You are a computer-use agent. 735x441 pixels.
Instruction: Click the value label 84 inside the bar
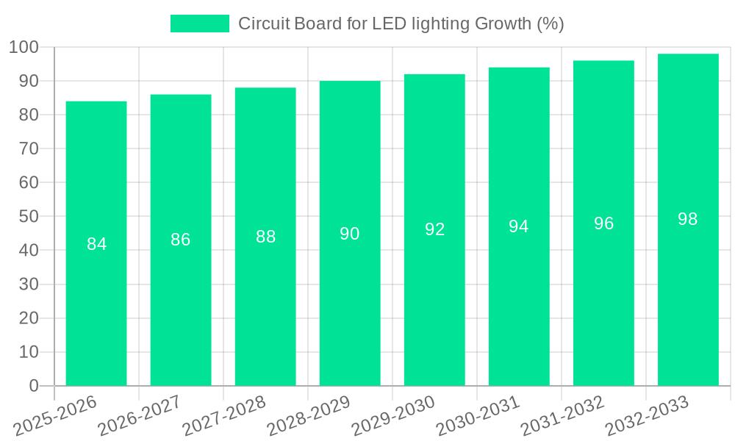[96, 244]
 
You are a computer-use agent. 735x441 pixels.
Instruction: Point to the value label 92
[434, 229]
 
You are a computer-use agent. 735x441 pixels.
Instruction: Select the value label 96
[603, 223]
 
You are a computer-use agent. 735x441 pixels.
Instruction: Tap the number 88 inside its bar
[265, 237]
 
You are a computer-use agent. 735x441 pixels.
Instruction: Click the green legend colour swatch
[200, 24]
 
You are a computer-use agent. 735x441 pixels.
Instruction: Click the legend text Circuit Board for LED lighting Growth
[401, 24]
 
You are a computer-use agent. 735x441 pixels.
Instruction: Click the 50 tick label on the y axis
[28, 217]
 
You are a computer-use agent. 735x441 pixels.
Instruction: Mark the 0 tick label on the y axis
[33, 386]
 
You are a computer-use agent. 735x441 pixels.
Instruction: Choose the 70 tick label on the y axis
[28, 149]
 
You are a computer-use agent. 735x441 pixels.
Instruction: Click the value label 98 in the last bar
[688, 219]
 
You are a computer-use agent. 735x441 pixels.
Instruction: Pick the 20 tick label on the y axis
[28, 318]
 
